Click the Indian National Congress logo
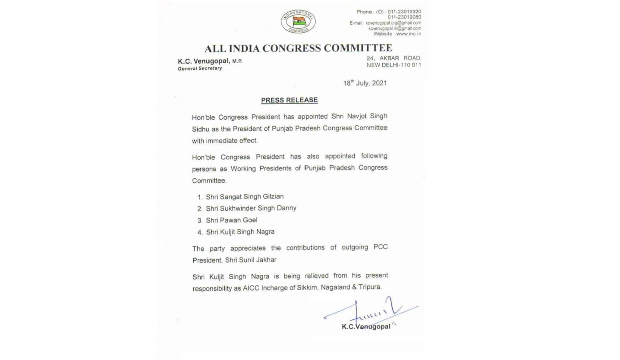(x=298, y=22)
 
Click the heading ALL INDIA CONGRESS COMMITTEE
(x=298, y=48)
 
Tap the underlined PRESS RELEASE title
(x=289, y=100)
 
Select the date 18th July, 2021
(x=365, y=83)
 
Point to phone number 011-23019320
(x=404, y=12)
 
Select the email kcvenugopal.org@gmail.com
(x=393, y=23)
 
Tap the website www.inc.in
(x=408, y=34)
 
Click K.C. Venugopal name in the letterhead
(x=204, y=61)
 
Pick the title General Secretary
(x=200, y=68)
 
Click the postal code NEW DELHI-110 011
(x=393, y=65)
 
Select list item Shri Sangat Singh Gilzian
(x=245, y=197)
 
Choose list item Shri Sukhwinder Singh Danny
(x=251, y=208)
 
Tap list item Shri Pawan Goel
(x=231, y=220)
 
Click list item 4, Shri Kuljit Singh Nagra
(x=240, y=232)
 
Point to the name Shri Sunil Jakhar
(x=251, y=260)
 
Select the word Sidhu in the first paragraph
(x=200, y=129)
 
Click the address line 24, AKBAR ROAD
(x=393, y=58)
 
